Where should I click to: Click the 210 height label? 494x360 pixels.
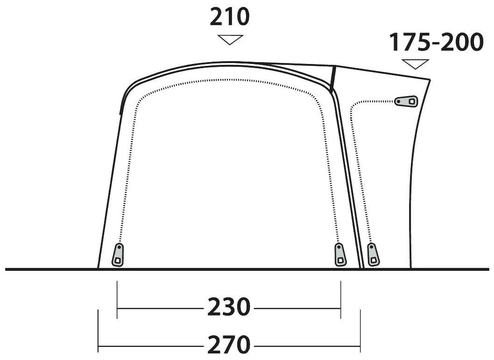(x=229, y=17)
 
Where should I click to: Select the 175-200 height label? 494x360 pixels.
(x=437, y=42)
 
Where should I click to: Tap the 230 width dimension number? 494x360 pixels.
(x=229, y=307)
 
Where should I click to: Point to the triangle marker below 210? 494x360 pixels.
(x=230, y=40)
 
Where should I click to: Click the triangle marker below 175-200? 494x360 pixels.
(x=415, y=64)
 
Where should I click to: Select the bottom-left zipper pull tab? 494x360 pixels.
(x=118, y=255)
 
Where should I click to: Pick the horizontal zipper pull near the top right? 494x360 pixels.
(x=406, y=101)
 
